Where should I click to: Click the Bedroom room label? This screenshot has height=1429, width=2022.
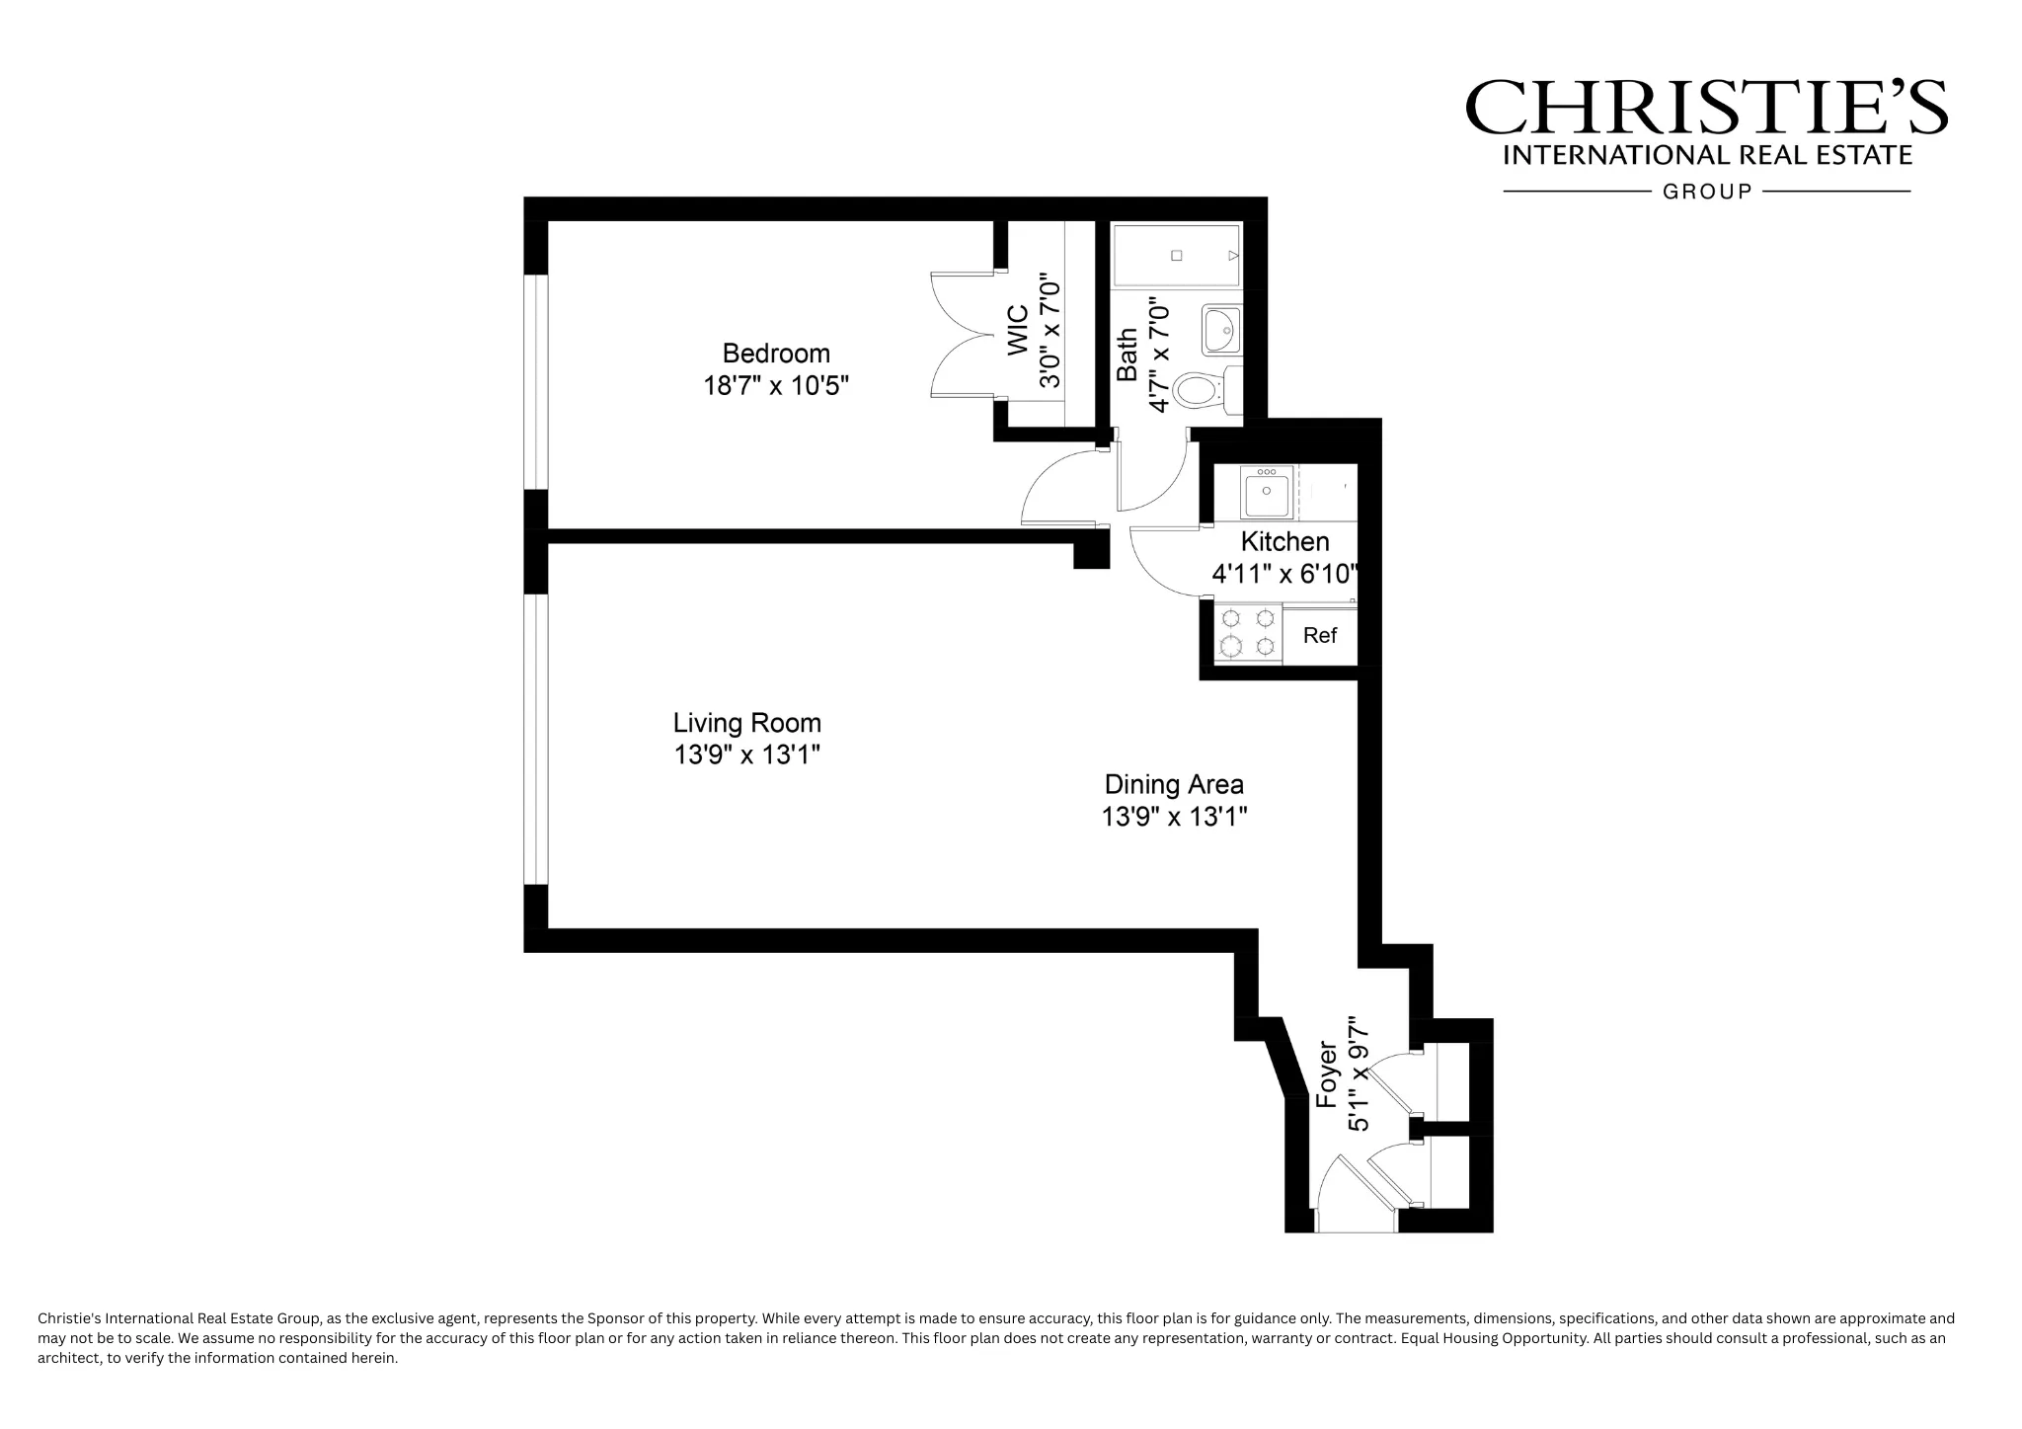(x=776, y=354)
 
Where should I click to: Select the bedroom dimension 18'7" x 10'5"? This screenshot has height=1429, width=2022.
(x=776, y=385)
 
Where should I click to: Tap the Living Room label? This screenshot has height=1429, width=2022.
(x=746, y=723)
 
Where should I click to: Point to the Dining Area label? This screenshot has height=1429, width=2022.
(x=1174, y=785)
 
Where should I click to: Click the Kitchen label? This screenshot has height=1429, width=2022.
(x=1284, y=541)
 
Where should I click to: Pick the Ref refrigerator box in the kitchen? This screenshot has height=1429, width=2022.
(x=1319, y=635)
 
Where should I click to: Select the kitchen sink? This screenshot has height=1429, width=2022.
(x=1268, y=493)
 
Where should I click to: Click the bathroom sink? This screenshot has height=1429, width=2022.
(x=1221, y=330)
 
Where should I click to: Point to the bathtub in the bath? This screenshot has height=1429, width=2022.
(x=1176, y=256)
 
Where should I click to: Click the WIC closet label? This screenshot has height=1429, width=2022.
(x=1018, y=330)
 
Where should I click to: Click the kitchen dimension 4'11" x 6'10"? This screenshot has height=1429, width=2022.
(x=1284, y=574)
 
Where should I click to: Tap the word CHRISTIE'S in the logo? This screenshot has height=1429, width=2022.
(x=1706, y=108)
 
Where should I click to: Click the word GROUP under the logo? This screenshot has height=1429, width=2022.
(x=1707, y=192)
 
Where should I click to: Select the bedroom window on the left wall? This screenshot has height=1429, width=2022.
(x=535, y=382)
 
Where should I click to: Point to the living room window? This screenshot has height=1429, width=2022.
(x=535, y=739)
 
